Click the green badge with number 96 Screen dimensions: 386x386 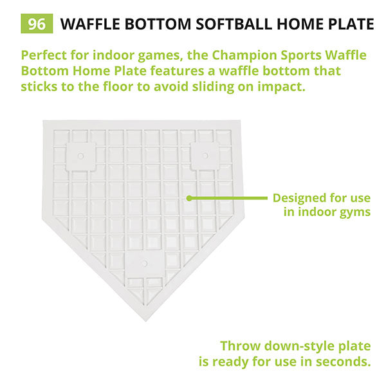tap(37, 24)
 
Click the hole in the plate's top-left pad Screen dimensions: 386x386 tap(81, 155)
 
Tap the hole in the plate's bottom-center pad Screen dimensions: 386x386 tap(144, 262)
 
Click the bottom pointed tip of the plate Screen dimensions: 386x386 tap(144, 320)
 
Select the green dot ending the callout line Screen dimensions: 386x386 tap(189, 198)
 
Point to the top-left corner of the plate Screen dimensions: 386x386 tap(44, 121)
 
